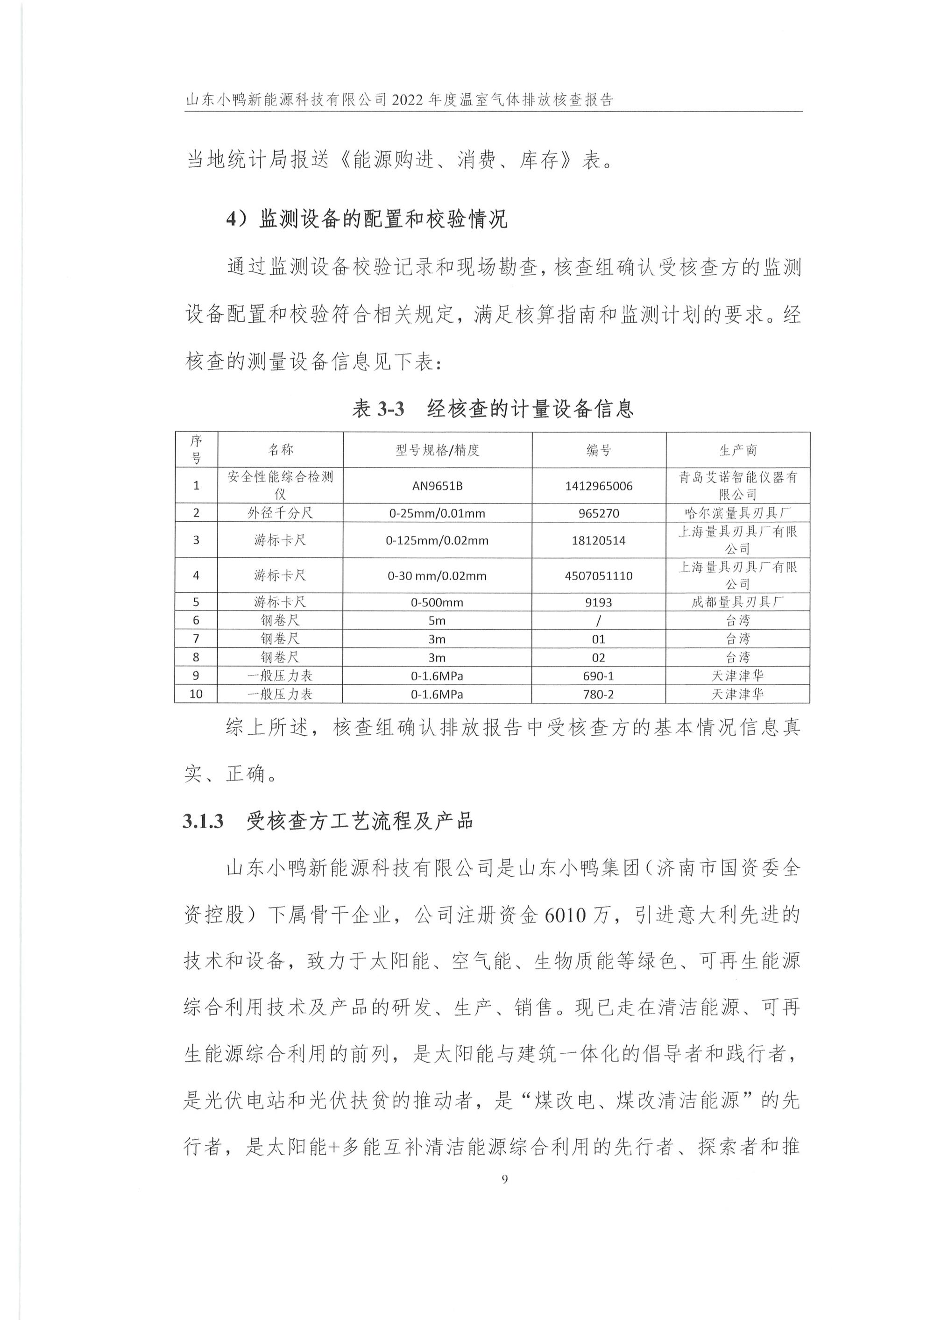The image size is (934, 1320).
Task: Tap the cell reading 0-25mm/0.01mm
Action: [x=437, y=513]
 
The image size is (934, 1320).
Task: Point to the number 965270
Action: [x=599, y=513]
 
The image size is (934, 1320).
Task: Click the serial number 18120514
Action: [x=599, y=540]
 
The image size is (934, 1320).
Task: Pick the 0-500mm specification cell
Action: [x=437, y=603]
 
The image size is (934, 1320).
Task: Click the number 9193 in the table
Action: [x=599, y=603]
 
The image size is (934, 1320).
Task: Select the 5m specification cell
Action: [x=437, y=621]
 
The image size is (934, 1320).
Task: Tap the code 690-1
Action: [x=599, y=676]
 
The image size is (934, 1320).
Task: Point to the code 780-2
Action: [x=599, y=694]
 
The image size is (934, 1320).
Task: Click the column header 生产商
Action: [x=738, y=450]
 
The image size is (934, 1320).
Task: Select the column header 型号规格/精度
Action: [x=437, y=450]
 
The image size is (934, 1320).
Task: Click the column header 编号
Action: [x=599, y=450]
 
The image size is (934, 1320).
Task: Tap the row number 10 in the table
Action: [x=196, y=694]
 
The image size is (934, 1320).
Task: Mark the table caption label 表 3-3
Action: [x=378, y=409]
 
